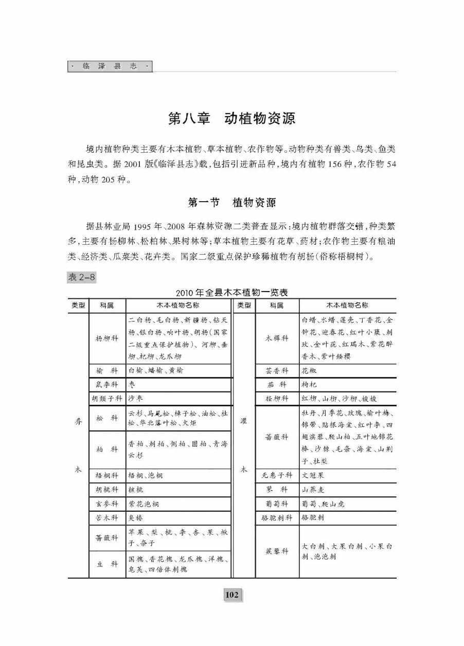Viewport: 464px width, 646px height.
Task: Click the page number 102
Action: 232,595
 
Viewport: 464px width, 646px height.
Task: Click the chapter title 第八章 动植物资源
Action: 232,119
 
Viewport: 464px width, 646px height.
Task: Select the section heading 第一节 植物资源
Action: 232,203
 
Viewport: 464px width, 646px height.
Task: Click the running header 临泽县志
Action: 110,67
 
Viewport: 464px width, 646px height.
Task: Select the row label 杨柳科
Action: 107,338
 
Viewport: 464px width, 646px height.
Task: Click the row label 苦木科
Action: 107,517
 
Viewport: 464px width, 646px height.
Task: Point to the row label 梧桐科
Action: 107,476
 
